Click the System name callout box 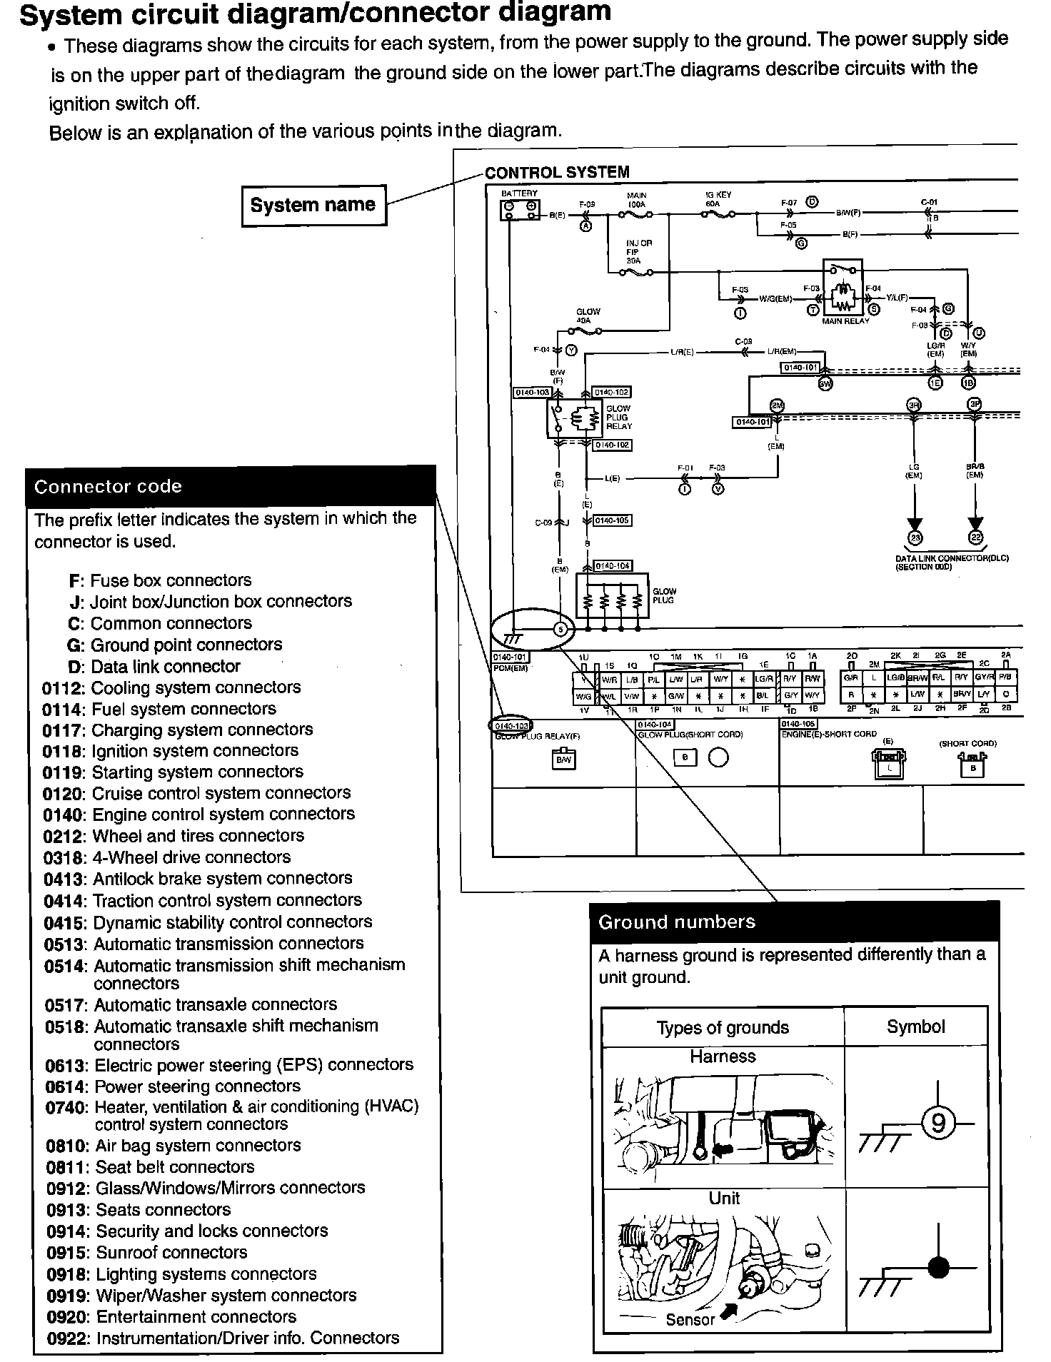(x=313, y=206)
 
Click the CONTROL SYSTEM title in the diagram (x=557, y=173)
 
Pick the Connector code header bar (x=230, y=487)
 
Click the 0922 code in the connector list (x=67, y=1338)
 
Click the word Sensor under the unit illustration (x=690, y=1320)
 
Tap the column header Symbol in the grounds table (x=915, y=1026)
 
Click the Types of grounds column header (x=723, y=1027)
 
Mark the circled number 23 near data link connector (x=915, y=538)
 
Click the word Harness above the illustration (x=723, y=1056)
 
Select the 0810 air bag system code (x=66, y=1146)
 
